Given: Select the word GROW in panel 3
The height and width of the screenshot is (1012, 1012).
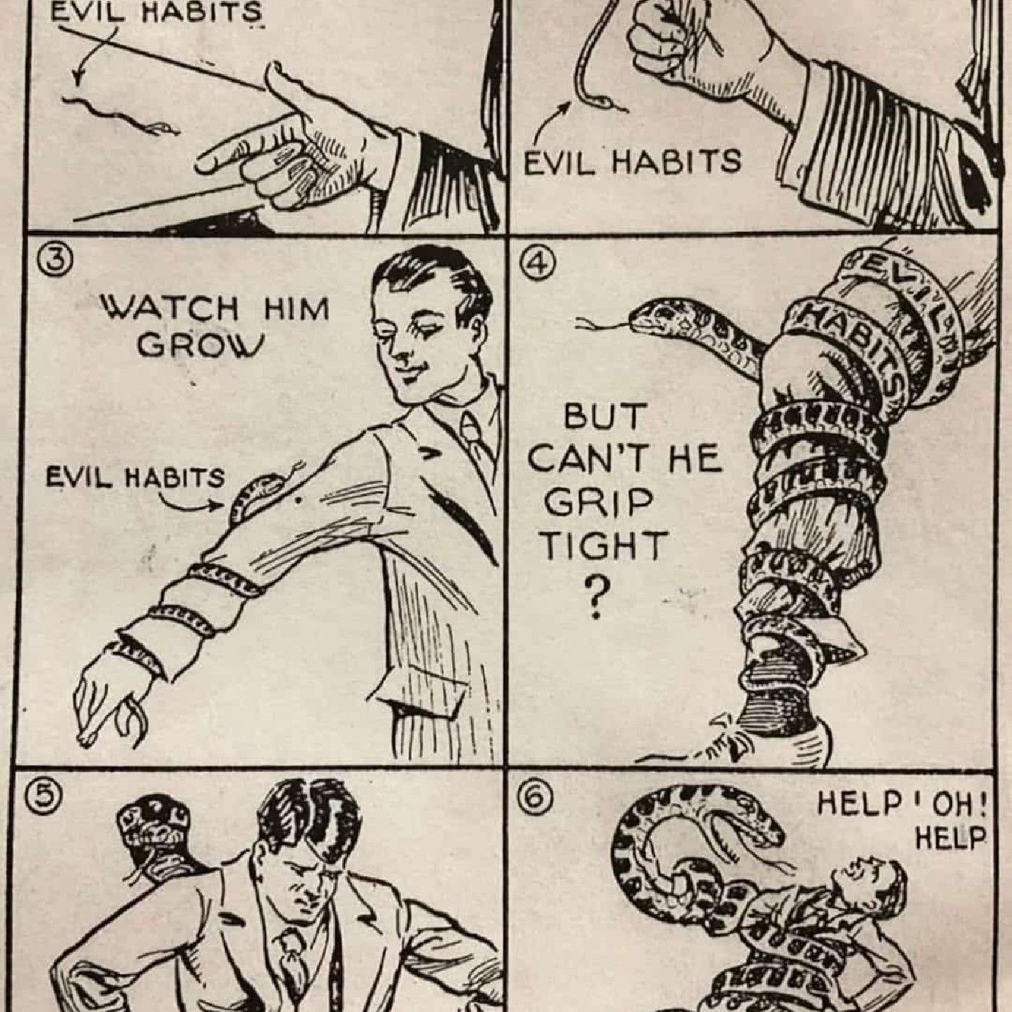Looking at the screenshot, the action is point(199,344).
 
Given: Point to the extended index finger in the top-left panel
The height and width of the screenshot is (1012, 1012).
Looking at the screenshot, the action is point(237,153).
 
